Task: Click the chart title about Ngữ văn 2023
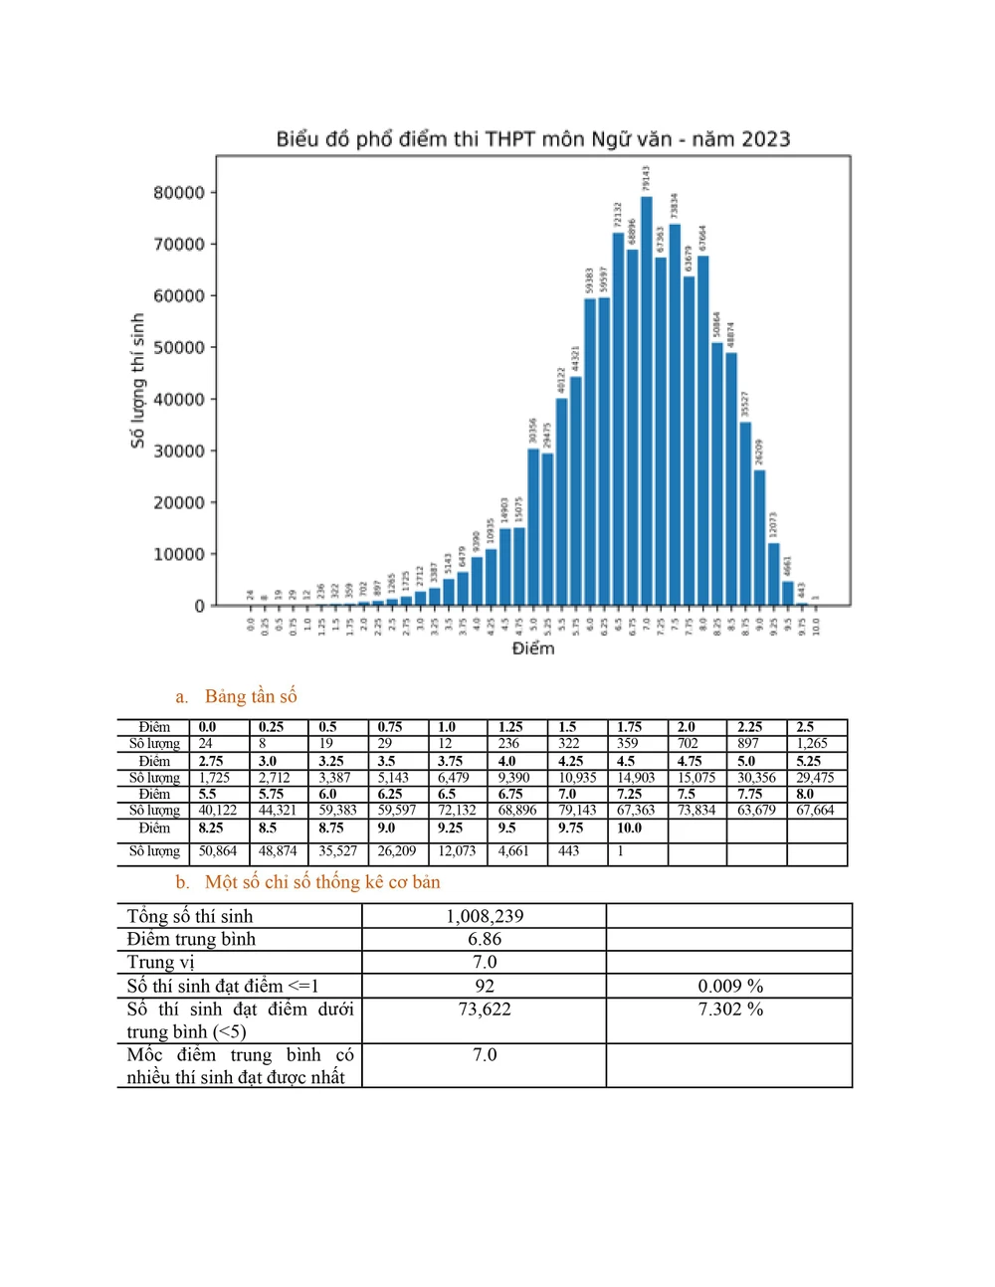pyautogui.click(x=532, y=139)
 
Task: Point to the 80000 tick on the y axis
pyautogui.click(x=179, y=193)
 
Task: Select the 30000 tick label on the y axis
pyautogui.click(x=179, y=452)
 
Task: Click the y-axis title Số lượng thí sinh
pyautogui.click(x=138, y=381)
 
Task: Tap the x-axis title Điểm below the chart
pyautogui.click(x=533, y=648)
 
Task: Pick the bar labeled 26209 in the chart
pyautogui.click(x=759, y=537)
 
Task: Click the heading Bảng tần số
pyautogui.click(x=251, y=696)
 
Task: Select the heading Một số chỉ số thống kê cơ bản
pyautogui.click(x=321, y=882)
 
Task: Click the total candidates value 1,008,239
pyautogui.click(x=485, y=916)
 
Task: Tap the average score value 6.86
pyautogui.click(x=485, y=939)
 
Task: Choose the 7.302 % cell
pyautogui.click(x=730, y=1010)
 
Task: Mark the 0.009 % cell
pyautogui.click(x=730, y=986)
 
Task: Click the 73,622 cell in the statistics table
pyautogui.click(x=485, y=1010)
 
